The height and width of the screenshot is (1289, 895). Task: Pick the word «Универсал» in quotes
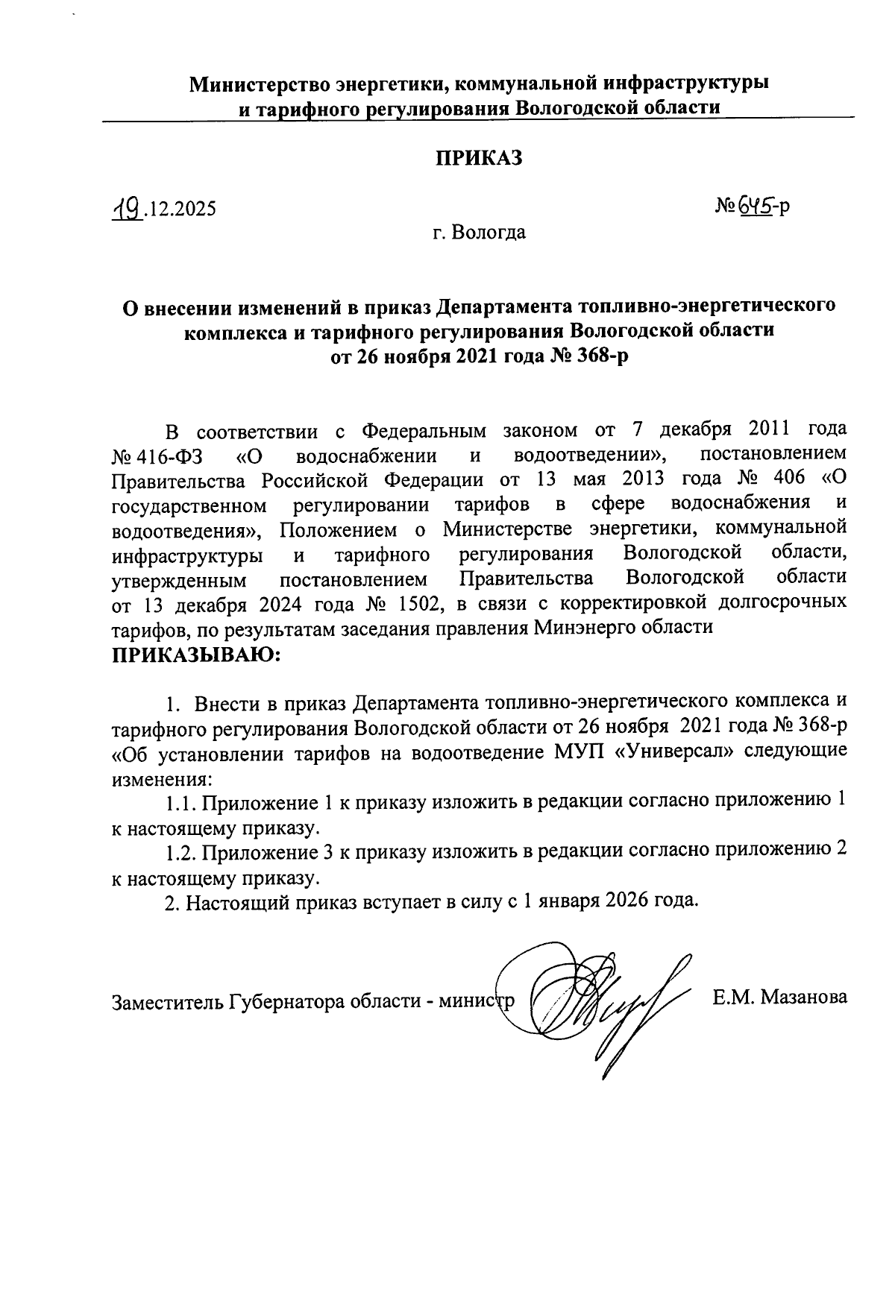[x=671, y=751]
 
